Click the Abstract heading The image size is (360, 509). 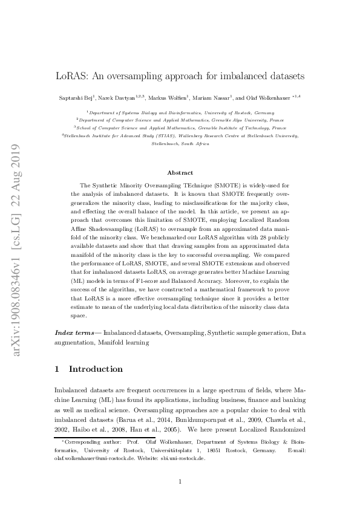(180, 172)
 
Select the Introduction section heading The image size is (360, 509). (96, 369)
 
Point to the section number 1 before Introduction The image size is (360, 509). (57, 369)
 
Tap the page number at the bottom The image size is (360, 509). (180, 482)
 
